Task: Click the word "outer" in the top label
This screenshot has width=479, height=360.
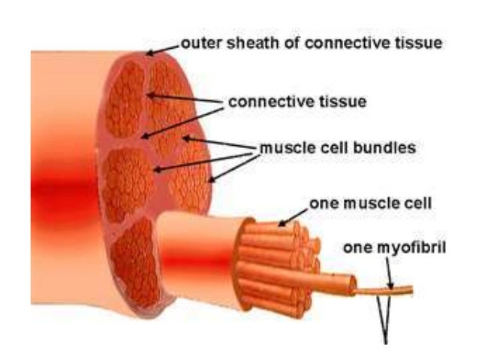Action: (198, 44)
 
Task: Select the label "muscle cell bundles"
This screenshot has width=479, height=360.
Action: (337, 148)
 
